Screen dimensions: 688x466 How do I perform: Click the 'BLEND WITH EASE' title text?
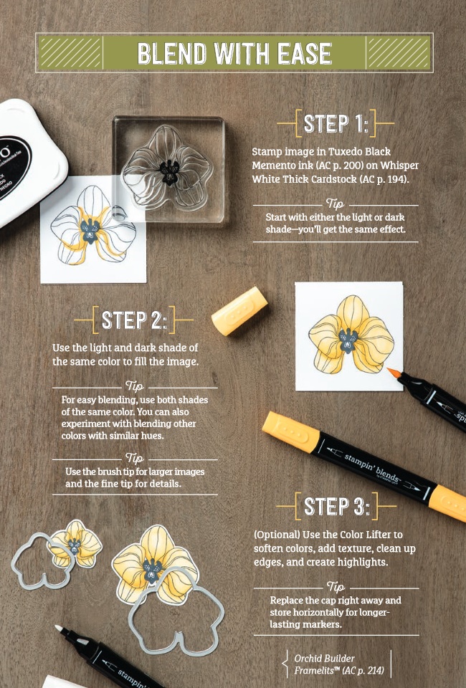[234, 53]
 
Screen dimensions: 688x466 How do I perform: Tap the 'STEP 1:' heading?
[335, 123]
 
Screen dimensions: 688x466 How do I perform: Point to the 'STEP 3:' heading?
[336, 506]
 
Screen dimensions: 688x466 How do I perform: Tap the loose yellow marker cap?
[239, 311]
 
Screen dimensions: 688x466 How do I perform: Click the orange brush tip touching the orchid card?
[393, 372]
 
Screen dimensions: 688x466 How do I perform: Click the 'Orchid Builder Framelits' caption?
[338, 664]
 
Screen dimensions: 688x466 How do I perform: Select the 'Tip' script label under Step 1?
[336, 204]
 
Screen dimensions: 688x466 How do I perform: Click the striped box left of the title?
[70, 53]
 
